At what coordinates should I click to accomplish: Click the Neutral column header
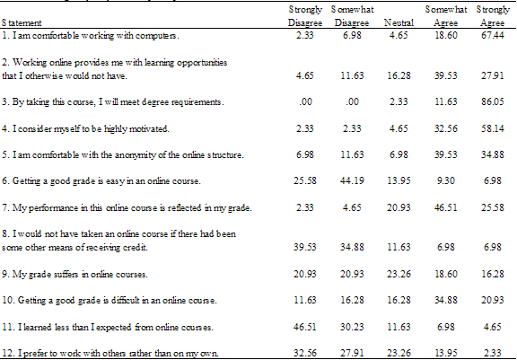click(399, 22)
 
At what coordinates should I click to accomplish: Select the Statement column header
click(22, 22)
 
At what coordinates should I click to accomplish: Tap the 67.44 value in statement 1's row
click(493, 35)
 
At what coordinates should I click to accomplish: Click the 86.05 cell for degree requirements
click(493, 101)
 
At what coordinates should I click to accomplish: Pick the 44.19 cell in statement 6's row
click(352, 180)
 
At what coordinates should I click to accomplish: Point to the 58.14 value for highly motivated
click(493, 128)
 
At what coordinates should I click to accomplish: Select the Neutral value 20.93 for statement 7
click(399, 207)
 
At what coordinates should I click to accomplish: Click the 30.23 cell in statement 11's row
click(352, 327)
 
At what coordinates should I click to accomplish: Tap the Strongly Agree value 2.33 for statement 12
click(493, 353)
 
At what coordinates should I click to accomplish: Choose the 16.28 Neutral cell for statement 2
click(399, 75)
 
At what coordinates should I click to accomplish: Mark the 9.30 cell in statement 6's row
click(446, 180)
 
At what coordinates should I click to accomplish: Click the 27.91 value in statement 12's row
click(352, 353)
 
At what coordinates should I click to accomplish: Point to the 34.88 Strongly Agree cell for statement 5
click(493, 154)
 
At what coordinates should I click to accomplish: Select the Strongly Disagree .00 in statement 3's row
click(305, 101)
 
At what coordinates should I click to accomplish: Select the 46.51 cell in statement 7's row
click(446, 207)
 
